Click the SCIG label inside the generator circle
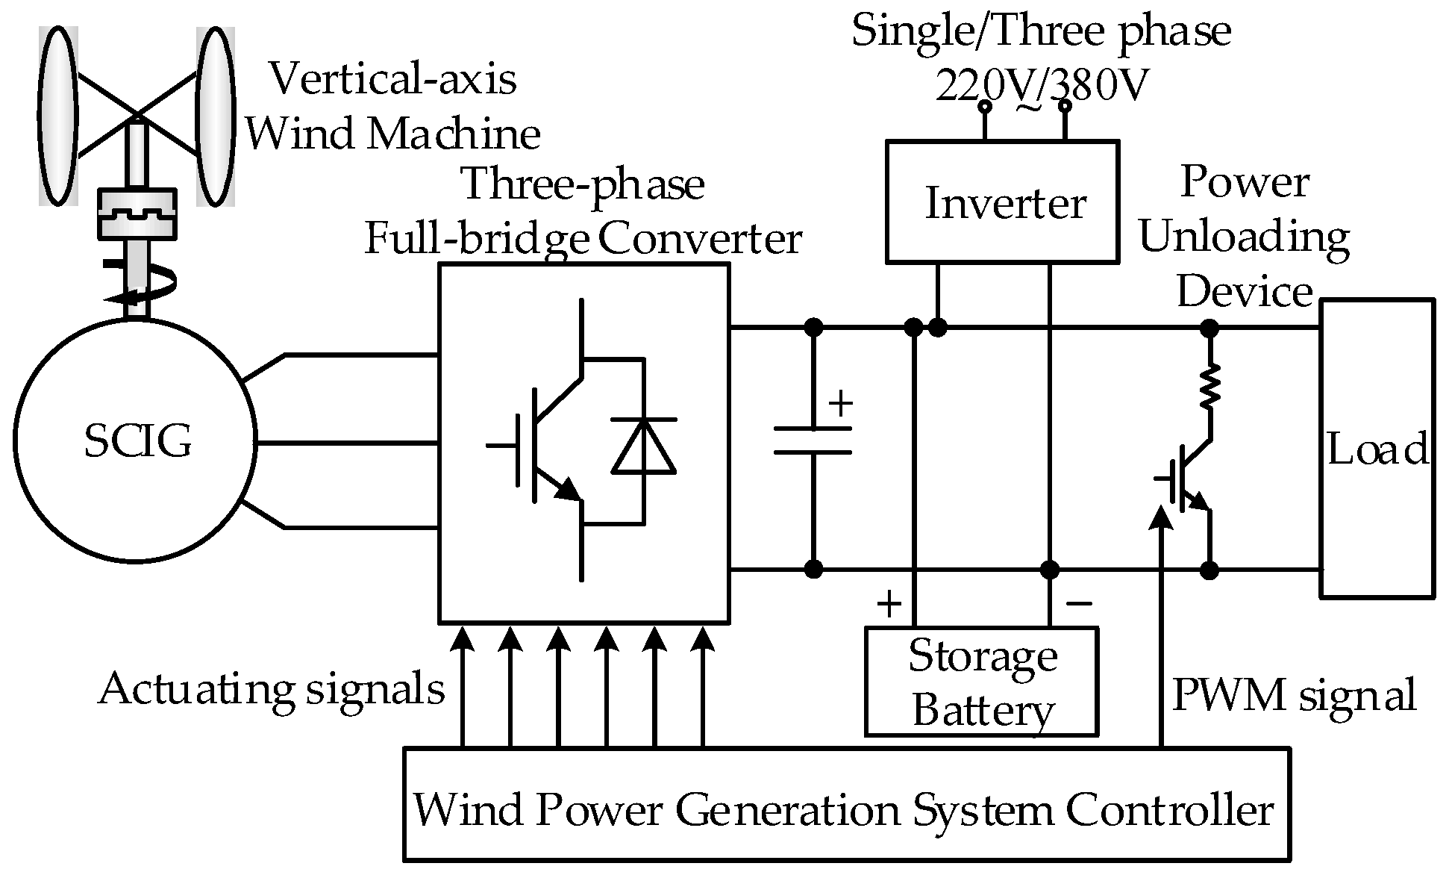tap(137, 440)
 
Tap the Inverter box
tap(1002, 202)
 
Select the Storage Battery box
tap(981, 682)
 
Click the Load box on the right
tap(1377, 449)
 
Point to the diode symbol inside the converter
tap(643, 446)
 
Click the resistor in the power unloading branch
tap(1209, 385)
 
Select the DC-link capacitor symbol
tap(813, 440)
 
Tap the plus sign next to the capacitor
tap(841, 404)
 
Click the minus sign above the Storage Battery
tap(1079, 602)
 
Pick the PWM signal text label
tap(1293, 695)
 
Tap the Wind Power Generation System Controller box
tap(846, 805)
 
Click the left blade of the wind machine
tap(57, 116)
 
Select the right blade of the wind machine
tap(216, 116)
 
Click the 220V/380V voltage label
tap(1041, 86)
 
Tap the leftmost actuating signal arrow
tap(463, 642)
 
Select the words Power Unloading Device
tap(1245, 237)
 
